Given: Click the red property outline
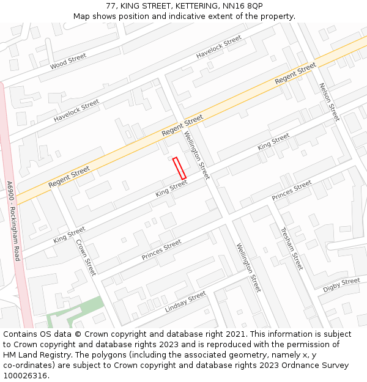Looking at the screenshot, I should pos(179,168).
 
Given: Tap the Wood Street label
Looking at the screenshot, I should pos(69,61).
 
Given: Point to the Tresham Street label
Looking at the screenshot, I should pos(291,249).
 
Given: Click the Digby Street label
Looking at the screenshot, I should pos(341,284).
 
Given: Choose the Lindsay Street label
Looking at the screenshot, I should pos(185,302).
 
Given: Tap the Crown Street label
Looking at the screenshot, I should pos(86,256).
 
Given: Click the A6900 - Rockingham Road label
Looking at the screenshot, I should pos(13,220).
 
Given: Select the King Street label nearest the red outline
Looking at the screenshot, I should pos(171,188).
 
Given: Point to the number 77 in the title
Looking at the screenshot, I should pos(111,6).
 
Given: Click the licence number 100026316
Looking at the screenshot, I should pos(25,376).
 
